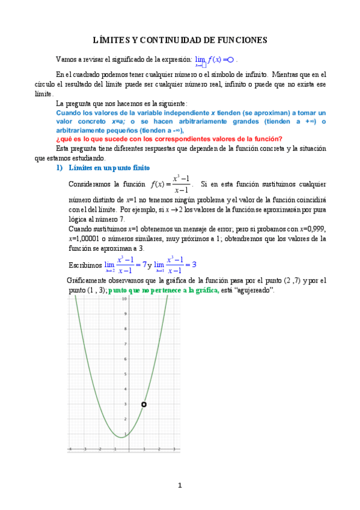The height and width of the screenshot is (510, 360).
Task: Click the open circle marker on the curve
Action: [x=144, y=404]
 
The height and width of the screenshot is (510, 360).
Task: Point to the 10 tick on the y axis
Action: [x=124, y=299]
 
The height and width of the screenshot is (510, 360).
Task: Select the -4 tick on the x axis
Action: [x=70, y=449]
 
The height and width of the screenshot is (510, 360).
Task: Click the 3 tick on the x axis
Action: [x=174, y=449]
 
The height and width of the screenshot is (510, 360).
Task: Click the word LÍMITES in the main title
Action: [x=112, y=40]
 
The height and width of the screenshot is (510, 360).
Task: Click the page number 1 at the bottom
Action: [x=179, y=485]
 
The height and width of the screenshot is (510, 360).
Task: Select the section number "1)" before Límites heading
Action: [x=59, y=167]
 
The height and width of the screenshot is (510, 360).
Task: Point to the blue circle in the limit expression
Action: [x=230, y=60]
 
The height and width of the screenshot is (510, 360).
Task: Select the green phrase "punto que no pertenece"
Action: [x=163, y=290]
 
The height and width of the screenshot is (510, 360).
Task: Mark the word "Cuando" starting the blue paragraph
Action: [x=70, y=113]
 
